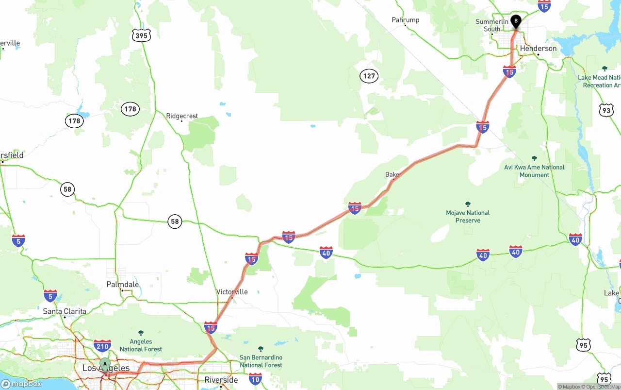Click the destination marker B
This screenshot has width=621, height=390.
pos(516,21)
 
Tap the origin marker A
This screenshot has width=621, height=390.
pos(105,363)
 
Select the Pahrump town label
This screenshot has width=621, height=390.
pos(406,20)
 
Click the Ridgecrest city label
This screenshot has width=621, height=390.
pos(182,116)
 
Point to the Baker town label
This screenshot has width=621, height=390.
pos(393,174)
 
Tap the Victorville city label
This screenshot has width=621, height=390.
pos(232,292)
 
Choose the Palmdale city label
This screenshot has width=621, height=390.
pos(123,285)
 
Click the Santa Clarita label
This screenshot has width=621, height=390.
pos(65,311)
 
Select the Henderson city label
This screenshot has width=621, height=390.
pos(538,49)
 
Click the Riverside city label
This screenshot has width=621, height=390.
pos(221,380)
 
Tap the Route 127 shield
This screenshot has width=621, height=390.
pos(369,76)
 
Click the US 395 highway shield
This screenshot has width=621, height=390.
pos(141,35)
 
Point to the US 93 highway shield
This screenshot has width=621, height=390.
pos(606,110)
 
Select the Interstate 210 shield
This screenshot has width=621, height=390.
pos(102,346)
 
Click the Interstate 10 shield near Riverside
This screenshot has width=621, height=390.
pos(255,378)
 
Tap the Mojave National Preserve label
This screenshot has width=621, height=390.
pos(468,217)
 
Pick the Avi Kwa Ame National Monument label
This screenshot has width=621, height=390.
pos(534,171)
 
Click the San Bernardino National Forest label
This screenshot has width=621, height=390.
pos(261,361)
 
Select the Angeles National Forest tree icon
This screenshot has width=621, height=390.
pos(141,333)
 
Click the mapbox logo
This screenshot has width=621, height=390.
pos(21,384)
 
